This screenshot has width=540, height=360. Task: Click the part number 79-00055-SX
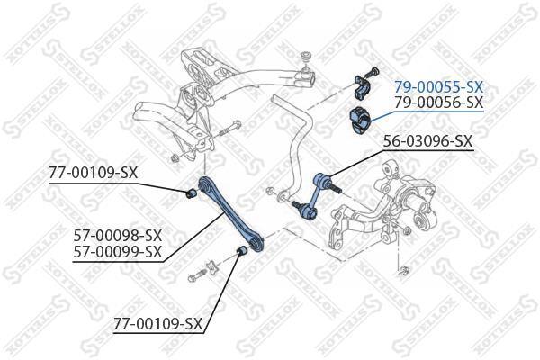click(x=439, y=87)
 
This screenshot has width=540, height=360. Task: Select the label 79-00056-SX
click(x=439, y=102)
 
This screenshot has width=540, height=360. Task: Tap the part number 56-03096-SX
click(x=428, y=141)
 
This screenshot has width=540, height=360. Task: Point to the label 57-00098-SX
click(x=117, y=236)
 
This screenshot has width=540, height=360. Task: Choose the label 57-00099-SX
click(x=117, y=251)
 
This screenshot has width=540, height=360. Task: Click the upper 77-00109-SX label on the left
click(x=94, y=173)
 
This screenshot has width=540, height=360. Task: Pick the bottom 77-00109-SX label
click(x=158, y=323)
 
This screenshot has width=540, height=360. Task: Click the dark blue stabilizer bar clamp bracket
click(x=362, y=87)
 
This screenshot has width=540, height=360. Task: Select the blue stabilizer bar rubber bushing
click(x=359, y=121)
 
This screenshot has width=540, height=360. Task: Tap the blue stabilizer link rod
click(x=314, y=197)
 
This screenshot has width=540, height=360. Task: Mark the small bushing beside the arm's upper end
click(x=191, y=193)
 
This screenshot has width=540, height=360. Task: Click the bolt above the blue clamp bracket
click(x=372, y=72)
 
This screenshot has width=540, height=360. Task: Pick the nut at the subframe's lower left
click(x=175, y=158)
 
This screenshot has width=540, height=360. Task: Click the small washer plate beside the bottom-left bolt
click(x=212, y=268)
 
